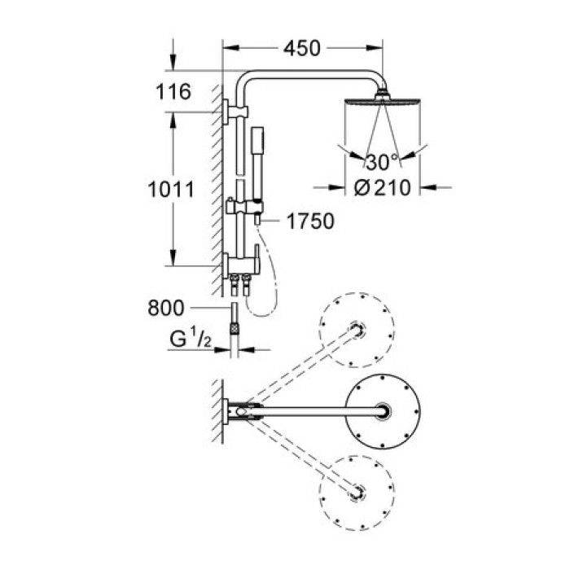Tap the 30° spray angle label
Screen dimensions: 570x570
click(x=381, y=159)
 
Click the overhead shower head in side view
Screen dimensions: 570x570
click(x=380, y=105)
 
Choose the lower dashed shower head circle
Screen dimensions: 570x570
click(x=357, y=492)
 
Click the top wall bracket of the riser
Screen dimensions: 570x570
click(x=230, y=109)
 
